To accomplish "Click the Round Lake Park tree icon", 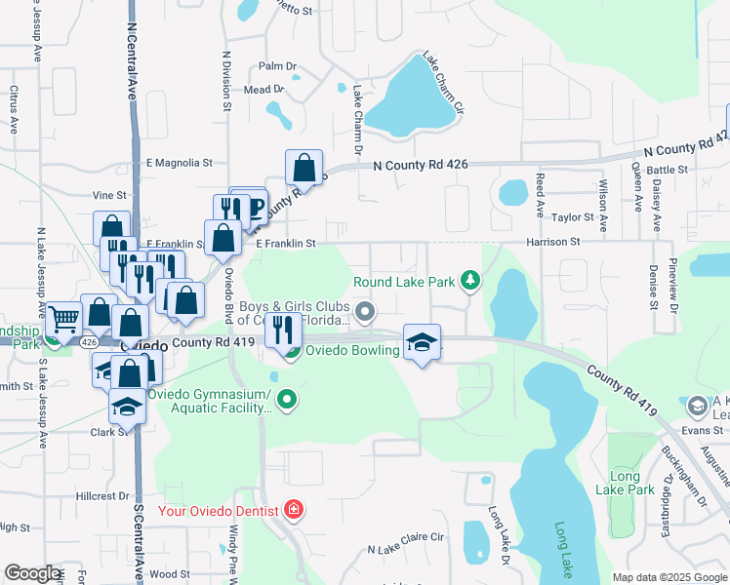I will tap(470, 282).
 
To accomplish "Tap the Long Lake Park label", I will tap(625, 484).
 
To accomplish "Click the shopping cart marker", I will tap(63, 318).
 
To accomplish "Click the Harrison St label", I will tap(553, 241).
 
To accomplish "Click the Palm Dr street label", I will tap(277, 66).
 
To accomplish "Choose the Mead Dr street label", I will tap(263, 89).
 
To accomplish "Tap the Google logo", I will tap(32, 573).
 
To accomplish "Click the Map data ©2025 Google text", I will tap(669, 577).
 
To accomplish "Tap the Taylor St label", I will tap(573, 217).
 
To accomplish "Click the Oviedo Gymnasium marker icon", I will tap(287, 399).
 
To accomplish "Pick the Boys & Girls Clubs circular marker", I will tap(366, 312).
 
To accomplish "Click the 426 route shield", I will tap(89, 342).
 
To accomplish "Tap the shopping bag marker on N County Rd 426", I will tap(304, 167).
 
